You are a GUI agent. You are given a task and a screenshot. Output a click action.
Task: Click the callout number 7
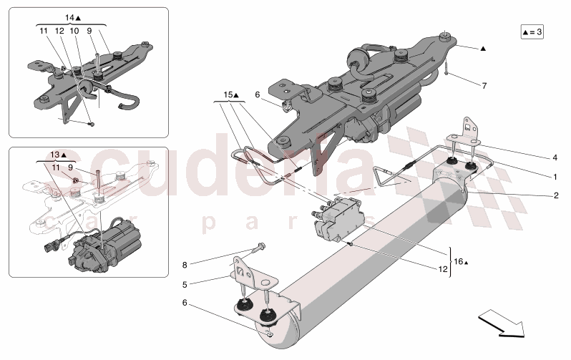484,86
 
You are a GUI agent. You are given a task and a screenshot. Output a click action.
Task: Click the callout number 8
185,266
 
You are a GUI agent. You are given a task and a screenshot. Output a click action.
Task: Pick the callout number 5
185,284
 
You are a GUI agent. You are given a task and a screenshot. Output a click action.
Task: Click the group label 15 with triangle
230,95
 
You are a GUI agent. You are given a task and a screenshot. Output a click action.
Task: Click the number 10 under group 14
74,31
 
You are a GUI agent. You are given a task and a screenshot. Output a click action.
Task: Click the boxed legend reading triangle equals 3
532,32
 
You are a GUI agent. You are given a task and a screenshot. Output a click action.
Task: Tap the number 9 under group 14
89,31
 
